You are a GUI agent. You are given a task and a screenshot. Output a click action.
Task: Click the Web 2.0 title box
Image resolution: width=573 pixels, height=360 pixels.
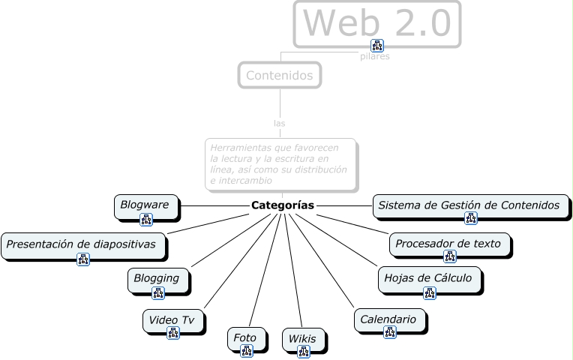[377, 22]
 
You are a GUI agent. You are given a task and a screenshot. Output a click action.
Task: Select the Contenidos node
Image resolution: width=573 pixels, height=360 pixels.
[280, 75]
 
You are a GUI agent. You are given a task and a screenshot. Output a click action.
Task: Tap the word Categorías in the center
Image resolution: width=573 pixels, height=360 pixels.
[283, 205]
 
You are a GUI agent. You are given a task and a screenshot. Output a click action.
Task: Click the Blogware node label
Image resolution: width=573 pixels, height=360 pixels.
[145, 204]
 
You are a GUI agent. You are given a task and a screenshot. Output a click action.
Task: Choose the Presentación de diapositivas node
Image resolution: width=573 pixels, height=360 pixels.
[81, 244]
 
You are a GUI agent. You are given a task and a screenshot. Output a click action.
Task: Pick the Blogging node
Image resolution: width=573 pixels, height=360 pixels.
[157, 278]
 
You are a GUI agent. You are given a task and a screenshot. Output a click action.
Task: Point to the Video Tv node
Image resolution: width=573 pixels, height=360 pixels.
[172, 319]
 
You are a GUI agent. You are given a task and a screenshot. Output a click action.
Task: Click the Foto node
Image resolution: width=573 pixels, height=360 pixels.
[245, 337]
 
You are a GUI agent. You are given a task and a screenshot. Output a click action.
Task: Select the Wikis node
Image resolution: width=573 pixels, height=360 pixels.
[303, 339]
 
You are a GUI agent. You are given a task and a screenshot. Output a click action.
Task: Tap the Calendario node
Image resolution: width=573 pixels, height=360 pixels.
[388, 319]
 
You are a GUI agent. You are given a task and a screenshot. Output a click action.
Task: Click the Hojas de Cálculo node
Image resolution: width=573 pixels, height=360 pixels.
[428, 278]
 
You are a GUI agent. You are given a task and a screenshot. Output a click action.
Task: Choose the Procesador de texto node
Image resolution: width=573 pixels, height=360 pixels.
[449, 243]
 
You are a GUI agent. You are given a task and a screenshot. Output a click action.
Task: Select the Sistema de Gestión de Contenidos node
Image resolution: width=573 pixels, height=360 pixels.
[469, 205]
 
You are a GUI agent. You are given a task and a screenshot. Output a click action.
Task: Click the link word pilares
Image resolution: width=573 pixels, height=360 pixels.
[375, 57]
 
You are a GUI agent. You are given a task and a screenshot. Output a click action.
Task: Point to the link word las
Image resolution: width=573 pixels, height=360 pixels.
[280, 123]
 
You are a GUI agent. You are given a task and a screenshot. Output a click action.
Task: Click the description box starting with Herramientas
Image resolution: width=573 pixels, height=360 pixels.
[280, 163]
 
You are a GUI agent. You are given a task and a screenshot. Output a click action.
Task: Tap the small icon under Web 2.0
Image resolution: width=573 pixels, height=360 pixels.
[376, 45]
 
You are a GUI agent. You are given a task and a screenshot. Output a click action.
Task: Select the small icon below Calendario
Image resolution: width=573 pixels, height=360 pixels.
[389, 332]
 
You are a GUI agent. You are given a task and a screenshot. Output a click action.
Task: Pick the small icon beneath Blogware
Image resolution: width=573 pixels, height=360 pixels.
[146, 219]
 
